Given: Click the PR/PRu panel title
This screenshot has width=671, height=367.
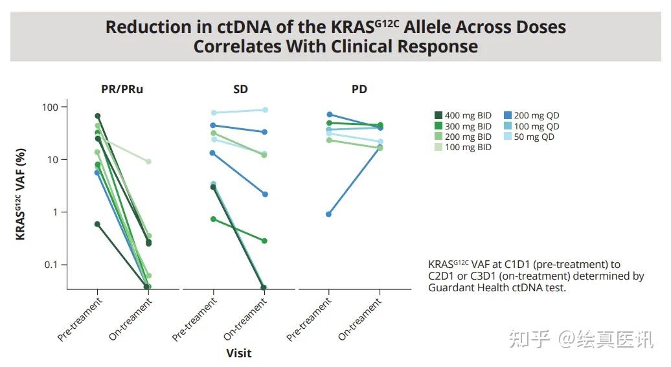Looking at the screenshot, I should (122, 89).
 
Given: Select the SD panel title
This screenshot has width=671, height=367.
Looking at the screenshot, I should (240, 89).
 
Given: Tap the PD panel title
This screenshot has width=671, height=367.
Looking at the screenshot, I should (359, 89).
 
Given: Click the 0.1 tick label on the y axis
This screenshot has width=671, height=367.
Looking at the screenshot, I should (51, 265).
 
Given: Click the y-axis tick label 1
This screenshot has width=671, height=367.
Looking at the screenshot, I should (55, 212).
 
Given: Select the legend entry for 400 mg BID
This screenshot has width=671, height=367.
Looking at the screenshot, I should (463, 116).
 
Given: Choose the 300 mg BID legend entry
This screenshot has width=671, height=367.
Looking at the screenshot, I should (463, 126).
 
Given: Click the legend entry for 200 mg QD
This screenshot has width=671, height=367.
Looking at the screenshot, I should (531, 116).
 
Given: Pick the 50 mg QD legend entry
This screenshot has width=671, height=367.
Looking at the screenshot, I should (529, 137).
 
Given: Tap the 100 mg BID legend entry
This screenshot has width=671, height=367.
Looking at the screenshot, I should (463, 147).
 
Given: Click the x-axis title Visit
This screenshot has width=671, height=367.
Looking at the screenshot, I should (239, 353).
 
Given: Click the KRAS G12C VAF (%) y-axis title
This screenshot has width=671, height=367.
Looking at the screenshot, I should (21, 194).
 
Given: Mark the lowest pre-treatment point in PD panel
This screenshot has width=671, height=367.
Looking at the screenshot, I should (329, 214).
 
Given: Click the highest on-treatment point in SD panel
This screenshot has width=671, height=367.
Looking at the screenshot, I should (264, 110).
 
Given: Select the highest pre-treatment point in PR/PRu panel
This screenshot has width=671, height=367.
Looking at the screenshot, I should (98, 116).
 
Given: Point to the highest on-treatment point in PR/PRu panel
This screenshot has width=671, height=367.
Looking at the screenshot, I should (148, 161).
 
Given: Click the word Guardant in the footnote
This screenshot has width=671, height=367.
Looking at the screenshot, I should (451, 288).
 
